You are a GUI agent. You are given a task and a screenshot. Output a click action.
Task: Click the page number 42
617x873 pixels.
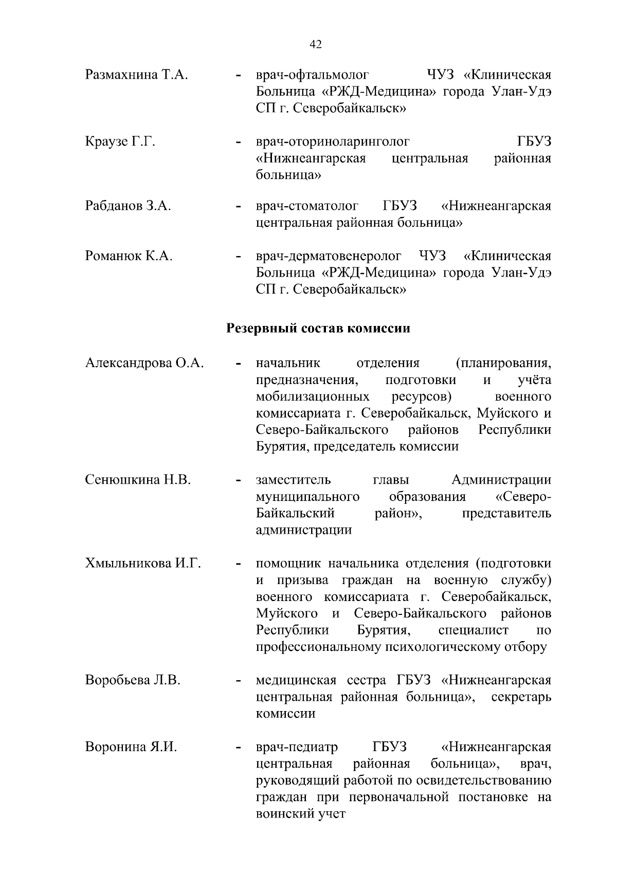coord(316,45)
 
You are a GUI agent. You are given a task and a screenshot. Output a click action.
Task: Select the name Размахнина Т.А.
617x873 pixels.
coord(136,75)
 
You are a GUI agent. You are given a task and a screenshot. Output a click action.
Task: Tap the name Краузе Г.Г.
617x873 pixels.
coord(120,141)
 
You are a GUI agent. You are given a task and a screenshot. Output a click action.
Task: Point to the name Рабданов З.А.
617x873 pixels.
coord(128,207)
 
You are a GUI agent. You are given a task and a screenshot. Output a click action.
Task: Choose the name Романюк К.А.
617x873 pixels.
coord(129,256)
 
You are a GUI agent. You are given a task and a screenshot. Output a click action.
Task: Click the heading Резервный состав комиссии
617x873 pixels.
coord(319,328)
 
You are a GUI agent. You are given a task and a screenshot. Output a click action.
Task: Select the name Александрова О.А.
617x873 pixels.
coord(144,363)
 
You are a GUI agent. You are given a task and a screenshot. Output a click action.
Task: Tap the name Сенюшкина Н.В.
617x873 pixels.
coord(138,480)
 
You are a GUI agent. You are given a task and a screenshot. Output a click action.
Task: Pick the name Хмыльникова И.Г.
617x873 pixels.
coord(142,563)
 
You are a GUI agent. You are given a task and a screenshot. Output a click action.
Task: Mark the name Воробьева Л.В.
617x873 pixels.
coord(133,680)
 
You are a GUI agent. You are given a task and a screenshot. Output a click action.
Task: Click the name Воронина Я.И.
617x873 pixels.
coord(131,747)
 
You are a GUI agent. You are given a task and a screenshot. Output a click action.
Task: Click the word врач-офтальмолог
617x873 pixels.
coord(313,75)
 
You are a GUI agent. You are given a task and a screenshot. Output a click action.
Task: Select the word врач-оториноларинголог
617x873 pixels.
coord(333,141)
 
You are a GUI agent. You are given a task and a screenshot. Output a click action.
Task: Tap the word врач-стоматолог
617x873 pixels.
coord(307,207)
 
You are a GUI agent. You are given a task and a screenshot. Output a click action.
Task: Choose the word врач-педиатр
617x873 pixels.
coord(297,747)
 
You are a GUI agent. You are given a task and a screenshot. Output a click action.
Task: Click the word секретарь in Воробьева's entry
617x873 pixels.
coord(521,697)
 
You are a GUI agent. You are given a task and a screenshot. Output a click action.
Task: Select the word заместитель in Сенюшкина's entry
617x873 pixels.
coord(293,480)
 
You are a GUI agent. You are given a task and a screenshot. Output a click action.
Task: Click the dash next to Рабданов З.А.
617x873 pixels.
coord(238,208)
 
